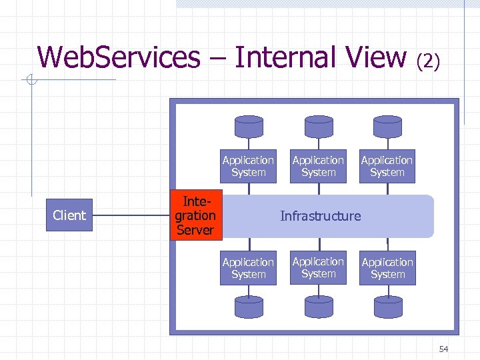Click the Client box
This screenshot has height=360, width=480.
click(x=69, y=215)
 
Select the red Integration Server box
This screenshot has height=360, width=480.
click(x=195, y=215)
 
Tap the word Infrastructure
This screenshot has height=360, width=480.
click(x=320, y=216)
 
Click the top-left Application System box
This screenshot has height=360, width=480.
click(x=248, y=166)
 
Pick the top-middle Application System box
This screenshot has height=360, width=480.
click(x=318, y=166)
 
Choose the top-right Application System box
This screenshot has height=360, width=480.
click(x=387, y=166)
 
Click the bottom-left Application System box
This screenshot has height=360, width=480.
click(x=248, y=268)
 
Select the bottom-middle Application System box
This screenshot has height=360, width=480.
click(x=318, y=267)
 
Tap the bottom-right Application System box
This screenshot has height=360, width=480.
click(x=387, y=268)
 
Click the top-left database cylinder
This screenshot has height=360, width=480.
click(x=249, y=126)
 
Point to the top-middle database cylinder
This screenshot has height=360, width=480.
click(x=318, y=126)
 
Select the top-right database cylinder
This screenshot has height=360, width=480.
click(x=387, y=126)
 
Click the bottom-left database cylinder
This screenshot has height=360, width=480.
click(x=249, y=307)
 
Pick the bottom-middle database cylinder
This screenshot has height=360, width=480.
click(x=318, y=307)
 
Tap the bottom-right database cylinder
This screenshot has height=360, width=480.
click(x=387, y=307)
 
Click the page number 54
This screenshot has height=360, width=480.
click(x=444, y=349)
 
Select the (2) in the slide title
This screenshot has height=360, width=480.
click(x=428, y=61)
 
